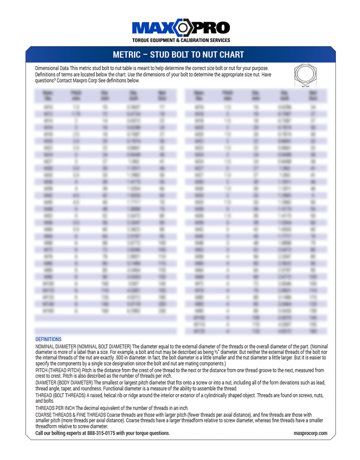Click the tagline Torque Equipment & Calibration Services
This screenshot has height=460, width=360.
[181, 40]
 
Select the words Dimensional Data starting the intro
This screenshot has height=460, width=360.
[52, 68]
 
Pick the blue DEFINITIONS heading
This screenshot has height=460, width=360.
[48, 339]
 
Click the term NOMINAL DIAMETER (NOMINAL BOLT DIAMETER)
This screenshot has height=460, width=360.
[83, 346]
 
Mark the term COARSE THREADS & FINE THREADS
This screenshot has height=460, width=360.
[70, 415]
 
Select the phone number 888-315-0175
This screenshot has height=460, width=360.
[104, 433]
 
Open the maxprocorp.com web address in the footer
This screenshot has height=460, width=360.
[310, 433]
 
